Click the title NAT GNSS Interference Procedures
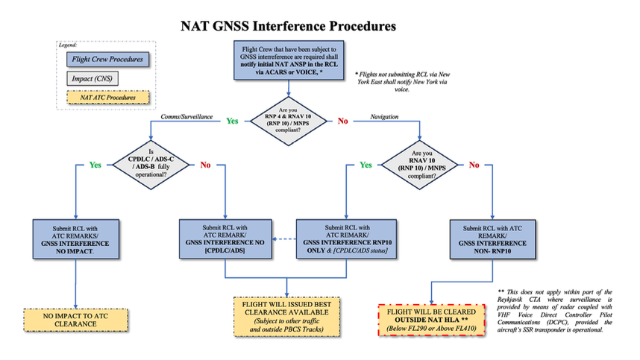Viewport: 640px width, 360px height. (288, 27)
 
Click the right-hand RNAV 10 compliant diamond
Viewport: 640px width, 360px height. (422, 164)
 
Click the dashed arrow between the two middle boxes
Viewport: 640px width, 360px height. (283, 239)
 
